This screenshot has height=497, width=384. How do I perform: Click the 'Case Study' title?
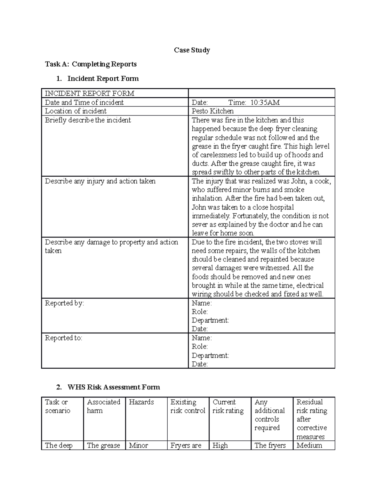coord(192,50)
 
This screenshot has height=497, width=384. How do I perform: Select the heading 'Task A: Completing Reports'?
coord(91,64)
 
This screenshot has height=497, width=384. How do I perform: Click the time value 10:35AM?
coord(265,102)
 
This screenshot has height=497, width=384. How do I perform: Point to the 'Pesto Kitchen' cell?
coord(212,111)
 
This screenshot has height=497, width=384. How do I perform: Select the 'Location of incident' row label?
coord(76,111)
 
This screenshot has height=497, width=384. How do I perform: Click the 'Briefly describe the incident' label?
coord(88,120)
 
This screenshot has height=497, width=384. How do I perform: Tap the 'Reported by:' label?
coord(64,303)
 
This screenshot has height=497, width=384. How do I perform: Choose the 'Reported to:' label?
coord(63,338)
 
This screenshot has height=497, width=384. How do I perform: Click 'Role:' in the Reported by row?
coord(200,312)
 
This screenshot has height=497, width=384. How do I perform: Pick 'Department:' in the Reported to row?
coord(210,355)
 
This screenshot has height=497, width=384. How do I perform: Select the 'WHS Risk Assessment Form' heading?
coord(114,387)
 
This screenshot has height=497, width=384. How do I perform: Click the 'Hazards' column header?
coord(141,402)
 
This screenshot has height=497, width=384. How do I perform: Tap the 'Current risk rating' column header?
coord(228,406)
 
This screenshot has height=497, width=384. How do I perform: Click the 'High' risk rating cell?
coord(220,445)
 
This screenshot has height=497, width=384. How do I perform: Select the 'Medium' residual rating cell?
coord(309,445)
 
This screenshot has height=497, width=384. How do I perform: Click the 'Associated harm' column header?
coord(103,406)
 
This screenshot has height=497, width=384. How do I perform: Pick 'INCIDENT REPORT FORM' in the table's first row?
coord(90,93)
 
